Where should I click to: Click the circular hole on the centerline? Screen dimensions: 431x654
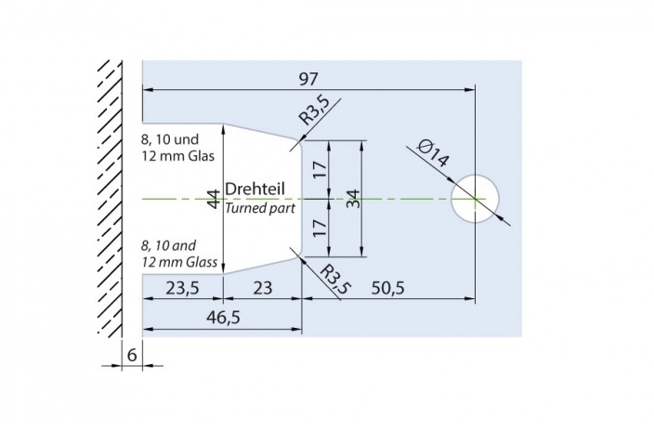click(475, 198)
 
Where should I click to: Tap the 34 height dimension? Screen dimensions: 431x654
click(352, 198)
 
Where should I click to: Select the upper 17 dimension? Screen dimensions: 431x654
click(320, 169)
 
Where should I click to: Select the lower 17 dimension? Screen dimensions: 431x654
click(320, 229)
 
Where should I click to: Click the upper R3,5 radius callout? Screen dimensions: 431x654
click(313, 113)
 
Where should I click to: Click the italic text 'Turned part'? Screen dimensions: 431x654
click(260, 208)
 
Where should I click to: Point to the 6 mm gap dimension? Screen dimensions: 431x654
click(132, 353)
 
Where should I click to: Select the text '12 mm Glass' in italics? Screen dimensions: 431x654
click(179, 263)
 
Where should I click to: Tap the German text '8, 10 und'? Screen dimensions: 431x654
click(169, 139)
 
